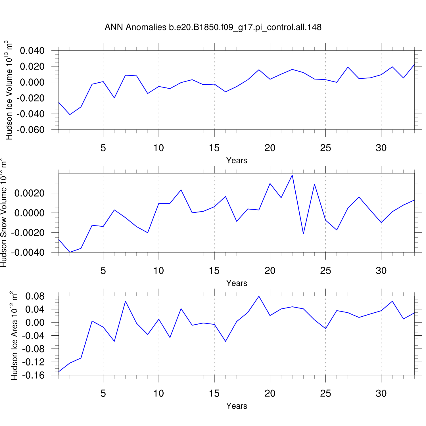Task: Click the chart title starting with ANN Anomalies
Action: pos(213,27)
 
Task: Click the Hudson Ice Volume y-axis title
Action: pos(9,90)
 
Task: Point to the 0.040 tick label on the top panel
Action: pos(32,51)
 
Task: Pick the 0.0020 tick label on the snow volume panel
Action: pos(30,193)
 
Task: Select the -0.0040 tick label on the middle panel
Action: pos(28,252)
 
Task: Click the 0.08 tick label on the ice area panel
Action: pos(35,296)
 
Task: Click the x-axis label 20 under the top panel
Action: pos(270,148)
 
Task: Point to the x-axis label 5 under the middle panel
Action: pos(103,271)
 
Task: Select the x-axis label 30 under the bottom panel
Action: pos(381,393)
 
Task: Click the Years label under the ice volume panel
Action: pos(237,160)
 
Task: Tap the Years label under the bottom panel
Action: pos(237,406)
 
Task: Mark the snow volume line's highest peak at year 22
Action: pos(292,175)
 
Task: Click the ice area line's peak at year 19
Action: pos(259,296)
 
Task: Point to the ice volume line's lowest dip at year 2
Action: pos(70,114)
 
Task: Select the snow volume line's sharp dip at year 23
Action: pos(303,234)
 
